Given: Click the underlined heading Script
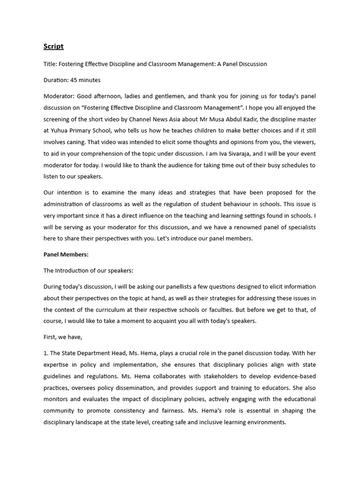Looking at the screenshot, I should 53,46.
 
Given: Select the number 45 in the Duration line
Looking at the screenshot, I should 74,80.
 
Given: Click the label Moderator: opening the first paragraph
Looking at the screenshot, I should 59,97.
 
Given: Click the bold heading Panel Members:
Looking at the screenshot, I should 66,255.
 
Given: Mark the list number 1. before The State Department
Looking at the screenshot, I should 45,353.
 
